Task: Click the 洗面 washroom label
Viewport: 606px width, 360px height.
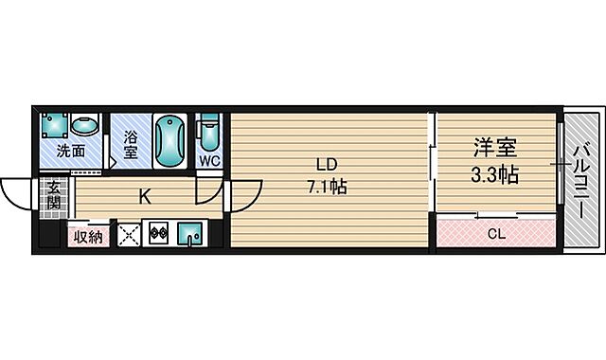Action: (x=71, y=151)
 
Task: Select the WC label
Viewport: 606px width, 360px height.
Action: (x=209, y=160)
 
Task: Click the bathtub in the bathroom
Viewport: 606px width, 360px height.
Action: (x=169, y=141)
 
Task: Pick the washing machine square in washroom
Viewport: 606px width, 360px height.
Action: (x=55, y=125)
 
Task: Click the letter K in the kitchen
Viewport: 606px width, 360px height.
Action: (x=145, y=198)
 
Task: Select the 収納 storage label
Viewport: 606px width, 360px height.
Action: (x=88, y=237)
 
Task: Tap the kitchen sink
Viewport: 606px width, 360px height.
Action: (x=189, y=234)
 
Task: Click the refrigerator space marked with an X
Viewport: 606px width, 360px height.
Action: (x=129, y=234)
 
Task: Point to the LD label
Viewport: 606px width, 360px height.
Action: (x=327, y=165)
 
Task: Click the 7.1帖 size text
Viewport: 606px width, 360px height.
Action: (x=327, y=187)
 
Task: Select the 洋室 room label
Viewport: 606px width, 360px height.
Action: (x=495, y=148)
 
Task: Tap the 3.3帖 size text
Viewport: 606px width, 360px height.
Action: (x=494, y=174)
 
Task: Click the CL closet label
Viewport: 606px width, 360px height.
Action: (x=496, y=234)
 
